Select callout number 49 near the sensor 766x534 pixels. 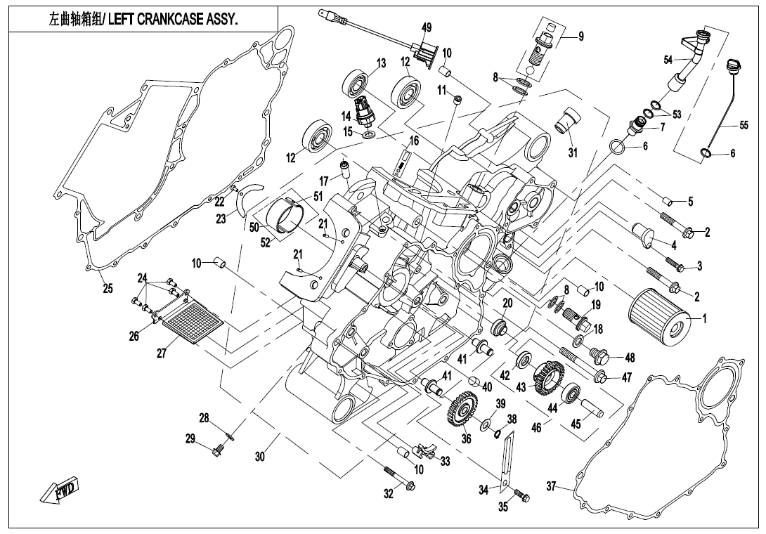coord(427,27)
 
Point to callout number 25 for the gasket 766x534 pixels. coord(108,288)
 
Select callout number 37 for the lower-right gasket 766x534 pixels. coord(551,486)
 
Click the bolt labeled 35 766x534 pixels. coord(522,495)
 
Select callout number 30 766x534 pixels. coord(260,457)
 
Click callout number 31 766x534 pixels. coord(573,153)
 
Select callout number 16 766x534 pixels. coord(414,141)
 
